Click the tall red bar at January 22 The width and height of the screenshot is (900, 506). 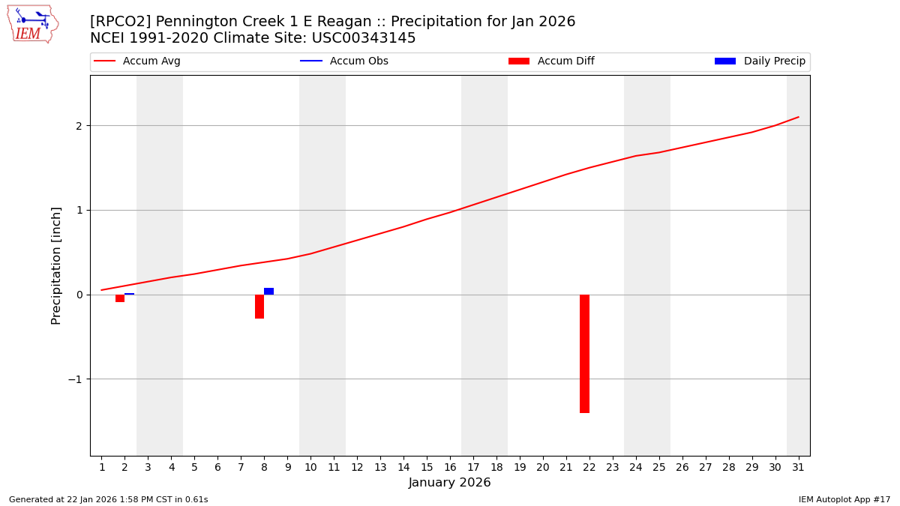(x=584, y=353)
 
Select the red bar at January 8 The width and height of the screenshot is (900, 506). (x=259, y=307)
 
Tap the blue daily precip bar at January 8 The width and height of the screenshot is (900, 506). (x=268, y=291)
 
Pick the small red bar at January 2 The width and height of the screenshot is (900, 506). (x=120, y=298)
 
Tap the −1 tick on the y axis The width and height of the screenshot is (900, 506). (x=74, y=379)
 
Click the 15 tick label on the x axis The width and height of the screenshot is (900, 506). (x=427, y=467)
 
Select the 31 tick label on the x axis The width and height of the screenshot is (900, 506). (x=798, y=467)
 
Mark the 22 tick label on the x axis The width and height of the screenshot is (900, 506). (x=589, y=467)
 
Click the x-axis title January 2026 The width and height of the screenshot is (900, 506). (x=449, y=483)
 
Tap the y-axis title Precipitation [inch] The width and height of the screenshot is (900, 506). (x=56, y=265)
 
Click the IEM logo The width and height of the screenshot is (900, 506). (x=32, y=24)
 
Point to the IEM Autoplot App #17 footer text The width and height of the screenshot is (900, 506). (x=844, y=499)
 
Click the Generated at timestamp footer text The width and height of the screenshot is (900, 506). (x=108, y=499)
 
